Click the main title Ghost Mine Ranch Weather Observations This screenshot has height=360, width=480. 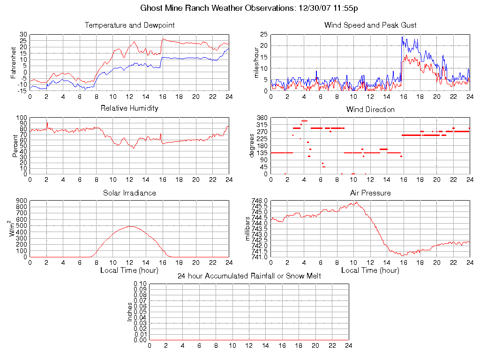click(x=248, y=8)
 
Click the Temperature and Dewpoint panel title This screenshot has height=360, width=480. click(x=129, y=25)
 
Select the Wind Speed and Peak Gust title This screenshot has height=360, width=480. click(x=370, y=25)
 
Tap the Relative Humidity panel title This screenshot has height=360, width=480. click(x=129, y=108)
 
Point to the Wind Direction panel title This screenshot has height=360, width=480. click(x=370, y=110)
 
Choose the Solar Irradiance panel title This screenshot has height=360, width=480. click(x=129, y=193)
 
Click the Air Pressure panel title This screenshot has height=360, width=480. click(x=370, y=193)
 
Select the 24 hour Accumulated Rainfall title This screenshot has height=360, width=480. click(x=249, y=276)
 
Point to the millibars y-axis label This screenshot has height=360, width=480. click(x=248, y=229)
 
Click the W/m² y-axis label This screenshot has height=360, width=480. click(x=13, y=229)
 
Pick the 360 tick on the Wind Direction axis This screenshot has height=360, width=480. click(x=262, y=118)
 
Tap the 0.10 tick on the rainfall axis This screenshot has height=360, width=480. click(x=140, y=284)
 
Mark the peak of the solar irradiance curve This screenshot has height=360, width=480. click(x=129, y=226)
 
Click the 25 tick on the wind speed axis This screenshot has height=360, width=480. click(x=263, y=35)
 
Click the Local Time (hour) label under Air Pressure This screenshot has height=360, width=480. click(x=370, y=270)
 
